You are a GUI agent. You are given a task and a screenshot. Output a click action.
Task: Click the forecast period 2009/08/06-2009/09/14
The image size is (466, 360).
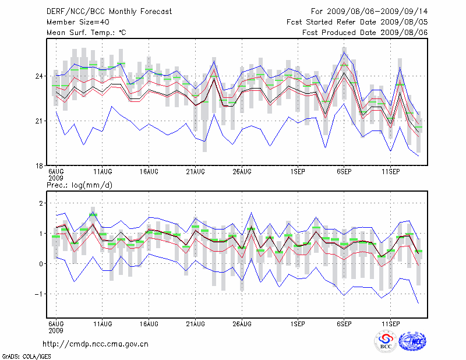click(x=369, y=11)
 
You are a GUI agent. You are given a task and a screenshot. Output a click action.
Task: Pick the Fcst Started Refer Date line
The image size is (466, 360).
click(x=357, y=22)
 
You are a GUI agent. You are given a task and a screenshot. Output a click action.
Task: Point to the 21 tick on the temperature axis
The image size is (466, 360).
click(x=40, y=121)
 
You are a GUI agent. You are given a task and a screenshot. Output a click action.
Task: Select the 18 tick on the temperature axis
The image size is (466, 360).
click(x=40, y=165)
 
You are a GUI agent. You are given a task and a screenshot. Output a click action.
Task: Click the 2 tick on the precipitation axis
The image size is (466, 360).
click(x=41, y=203)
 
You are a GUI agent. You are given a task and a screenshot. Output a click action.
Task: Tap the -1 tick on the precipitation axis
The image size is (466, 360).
click(x=40, y=294)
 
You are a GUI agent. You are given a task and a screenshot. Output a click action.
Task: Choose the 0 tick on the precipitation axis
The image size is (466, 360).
click(x=41, y=264)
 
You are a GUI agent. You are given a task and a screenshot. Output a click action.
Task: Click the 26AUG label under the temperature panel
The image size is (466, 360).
click(x=242, y=172)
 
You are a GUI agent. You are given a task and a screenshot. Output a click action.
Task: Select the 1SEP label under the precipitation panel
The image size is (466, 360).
click(x=298, y=324)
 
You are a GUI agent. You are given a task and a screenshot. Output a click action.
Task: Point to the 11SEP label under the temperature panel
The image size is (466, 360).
click(x=391, y=172)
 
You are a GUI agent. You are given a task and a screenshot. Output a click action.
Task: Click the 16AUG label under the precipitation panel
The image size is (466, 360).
click(x=149, y=324)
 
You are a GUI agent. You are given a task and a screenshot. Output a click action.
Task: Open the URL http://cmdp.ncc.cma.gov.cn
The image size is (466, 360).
click(x=96, y=344)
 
